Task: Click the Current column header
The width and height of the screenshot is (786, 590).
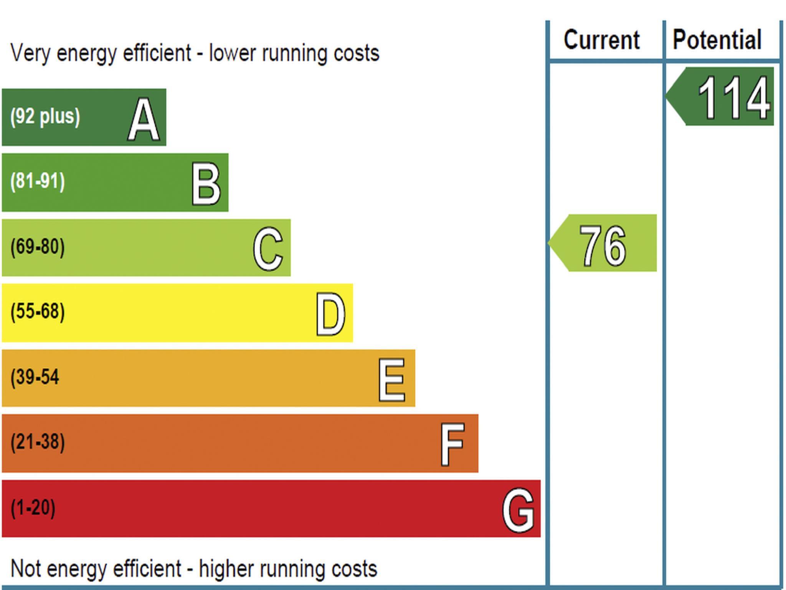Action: click(601, 40)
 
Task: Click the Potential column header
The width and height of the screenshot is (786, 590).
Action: click(717, 40)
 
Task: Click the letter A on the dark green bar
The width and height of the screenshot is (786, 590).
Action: click(144, 119)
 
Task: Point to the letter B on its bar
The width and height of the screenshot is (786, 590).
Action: click(206, 184)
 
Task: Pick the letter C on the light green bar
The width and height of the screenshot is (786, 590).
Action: click(268, 249)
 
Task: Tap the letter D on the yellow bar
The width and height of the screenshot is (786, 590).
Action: click(330, 314)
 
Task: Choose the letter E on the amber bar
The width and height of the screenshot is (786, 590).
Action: click(391, 380)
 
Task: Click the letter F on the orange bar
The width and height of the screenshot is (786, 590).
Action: click(453, 444)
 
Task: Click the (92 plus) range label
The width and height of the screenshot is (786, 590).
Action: click(45, 116)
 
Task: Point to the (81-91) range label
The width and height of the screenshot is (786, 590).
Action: click(38, 181)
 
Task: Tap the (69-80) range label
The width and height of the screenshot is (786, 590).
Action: click(38, 247)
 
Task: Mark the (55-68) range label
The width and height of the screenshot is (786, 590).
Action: click(38, 312)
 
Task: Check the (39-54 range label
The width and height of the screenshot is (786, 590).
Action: click(35, 377)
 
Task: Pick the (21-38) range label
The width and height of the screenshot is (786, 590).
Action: click(38, 442)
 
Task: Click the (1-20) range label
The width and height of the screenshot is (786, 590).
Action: click(33, 508)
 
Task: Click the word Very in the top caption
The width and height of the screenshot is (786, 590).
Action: click(30, 53)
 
